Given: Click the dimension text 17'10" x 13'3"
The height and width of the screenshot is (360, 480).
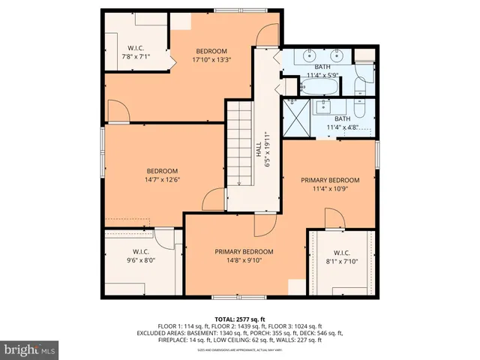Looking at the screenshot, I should coord(211,60).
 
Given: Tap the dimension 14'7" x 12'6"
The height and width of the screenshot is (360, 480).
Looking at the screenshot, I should coord(162,179).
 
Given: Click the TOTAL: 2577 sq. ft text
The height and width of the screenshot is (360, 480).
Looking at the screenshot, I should coord(239,319).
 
